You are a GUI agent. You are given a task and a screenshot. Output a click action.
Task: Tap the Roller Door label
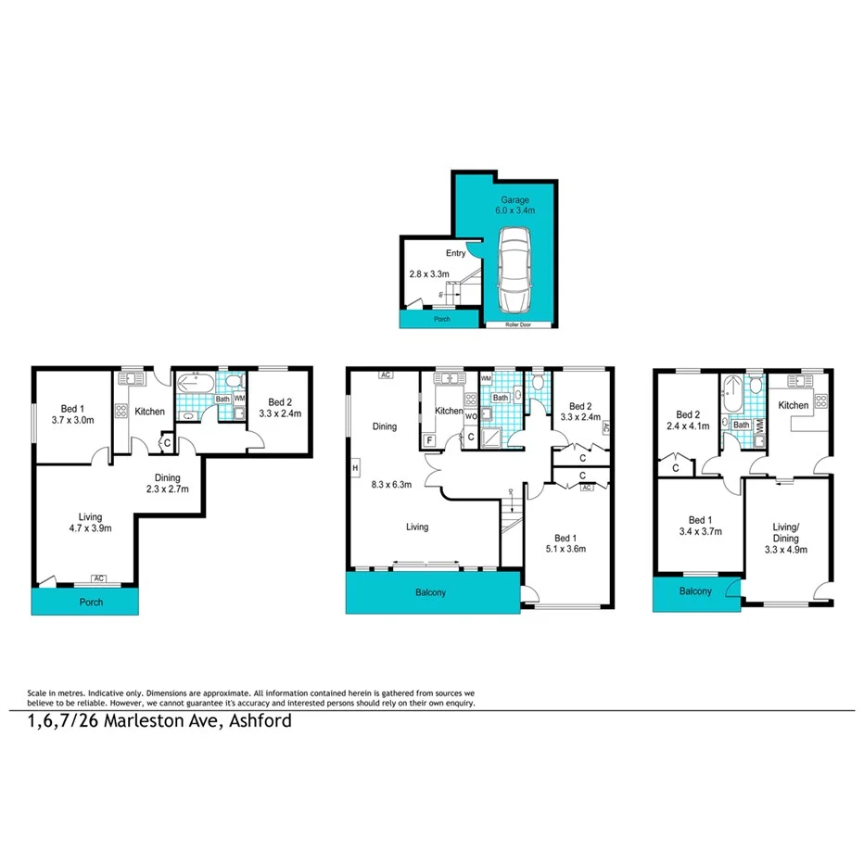click(519, 325)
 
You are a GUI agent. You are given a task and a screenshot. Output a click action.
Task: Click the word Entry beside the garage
click(456, 253)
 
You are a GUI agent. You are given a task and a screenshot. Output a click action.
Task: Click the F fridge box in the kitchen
click(429, 440)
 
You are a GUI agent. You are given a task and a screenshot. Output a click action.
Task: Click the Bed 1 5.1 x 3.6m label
click(565, 542)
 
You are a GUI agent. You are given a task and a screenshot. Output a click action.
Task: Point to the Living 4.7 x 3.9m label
click(90, 523)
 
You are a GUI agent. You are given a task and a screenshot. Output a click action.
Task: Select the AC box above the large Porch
click(98, 579)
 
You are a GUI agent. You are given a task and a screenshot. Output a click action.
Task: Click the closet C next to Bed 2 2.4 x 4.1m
click(676, 467)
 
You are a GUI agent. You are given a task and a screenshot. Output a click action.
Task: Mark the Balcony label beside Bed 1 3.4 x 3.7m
click(695, 591)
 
